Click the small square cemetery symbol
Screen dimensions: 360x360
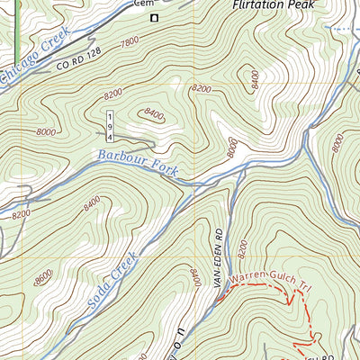tap(154, 17)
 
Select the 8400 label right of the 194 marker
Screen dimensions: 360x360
tap(154, 114)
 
